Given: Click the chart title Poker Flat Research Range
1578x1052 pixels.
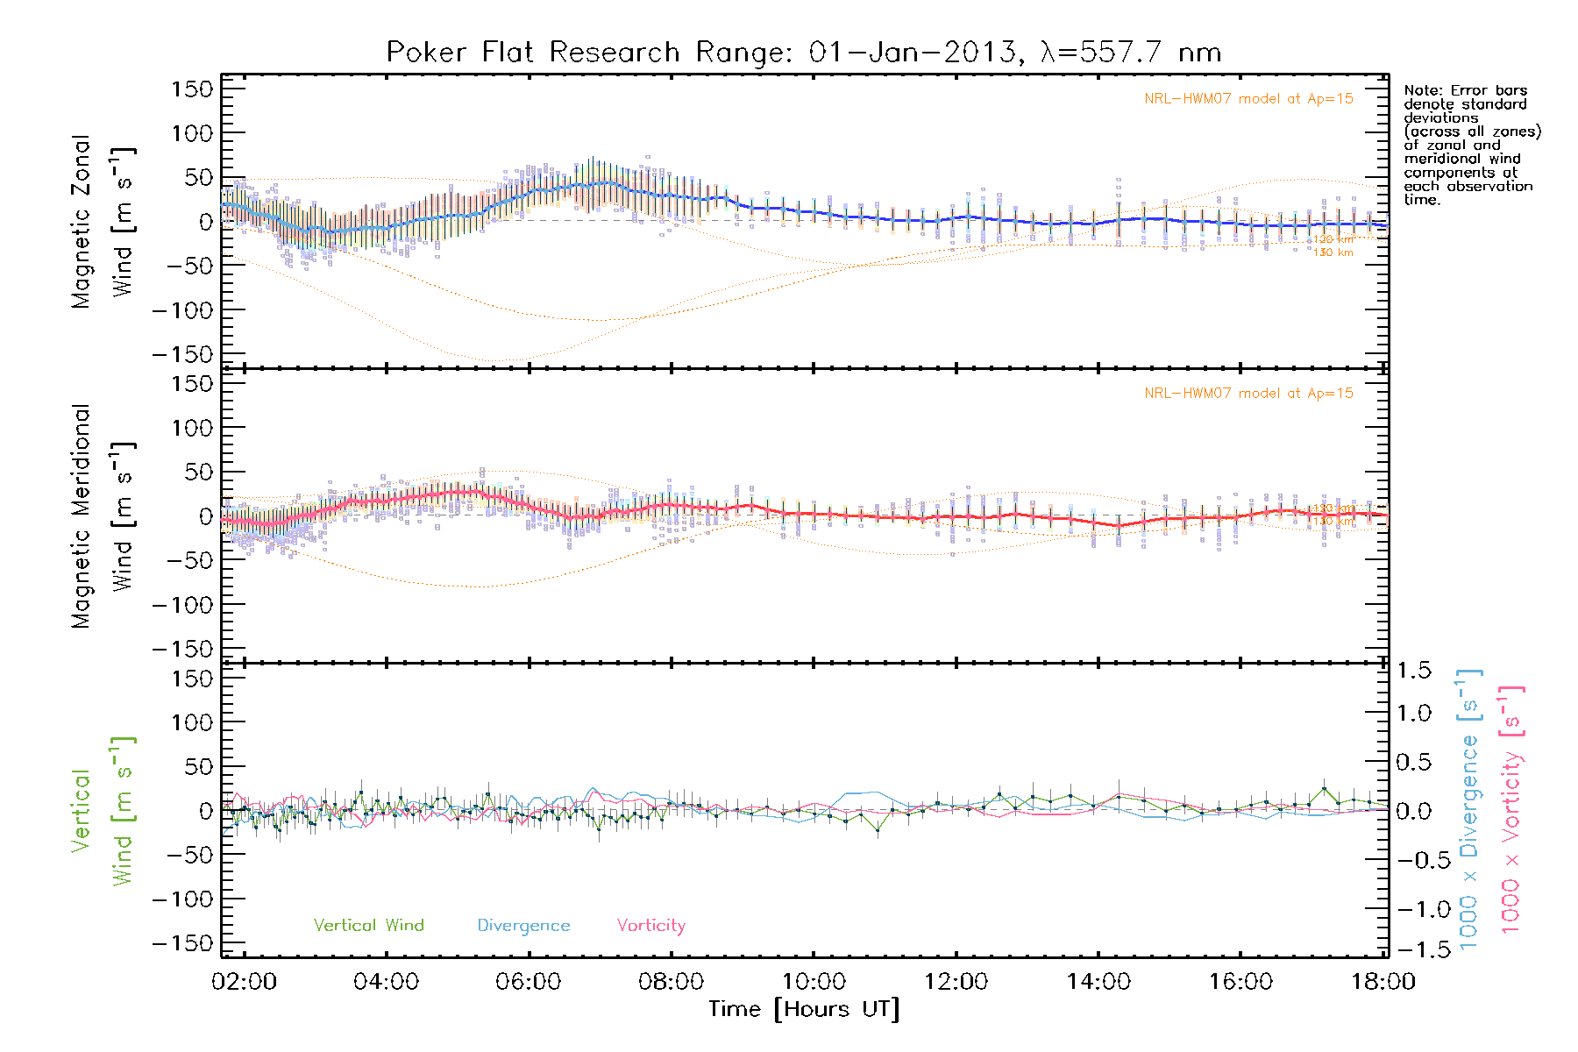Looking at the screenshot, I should pyautogui.click(x=803, y=53).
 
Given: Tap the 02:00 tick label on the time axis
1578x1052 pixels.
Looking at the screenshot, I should pyautogui.click(x=244, y=981).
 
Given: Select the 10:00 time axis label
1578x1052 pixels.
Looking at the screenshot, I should pyautogui.click(x=814, y=981).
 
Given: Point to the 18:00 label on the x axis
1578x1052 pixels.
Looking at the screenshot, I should pyautogui.click(x=1383, y=981).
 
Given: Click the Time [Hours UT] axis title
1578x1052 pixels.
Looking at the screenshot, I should pyautogui.click(x=804, y=1009).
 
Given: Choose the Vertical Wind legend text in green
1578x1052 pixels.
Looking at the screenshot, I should pyautogui.click(x=368, y=925).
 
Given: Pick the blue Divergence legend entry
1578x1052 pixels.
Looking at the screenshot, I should pyautogui.click(x=523, y=925).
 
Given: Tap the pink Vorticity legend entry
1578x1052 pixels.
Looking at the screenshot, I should pyautogui.click(x=650, y=925).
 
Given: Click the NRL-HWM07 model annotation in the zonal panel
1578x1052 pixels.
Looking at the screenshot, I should pyautogui.click(x=1248, y=99).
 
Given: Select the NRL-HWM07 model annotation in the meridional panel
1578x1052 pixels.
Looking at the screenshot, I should pyautogui.click(x=1248, y=394).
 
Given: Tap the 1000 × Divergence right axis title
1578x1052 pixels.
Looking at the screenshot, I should pyautogui.click(x=1469, y=810).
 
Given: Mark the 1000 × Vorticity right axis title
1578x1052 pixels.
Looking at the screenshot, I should pyautogui.click(x=1510, y=810).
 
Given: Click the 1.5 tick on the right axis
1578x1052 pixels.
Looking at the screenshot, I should pyautogui.click(x=1414, y=671).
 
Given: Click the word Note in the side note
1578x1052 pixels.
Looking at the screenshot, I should pyautogui.click(x=1420, y=90).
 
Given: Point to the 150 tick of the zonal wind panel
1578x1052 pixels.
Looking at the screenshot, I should pyautogui.click(x=192, y=89).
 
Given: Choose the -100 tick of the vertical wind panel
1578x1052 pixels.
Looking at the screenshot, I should pyautogui.click(x=182, y=899).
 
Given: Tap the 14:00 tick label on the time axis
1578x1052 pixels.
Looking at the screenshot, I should pyautogui.click(x=1098, y=981).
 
